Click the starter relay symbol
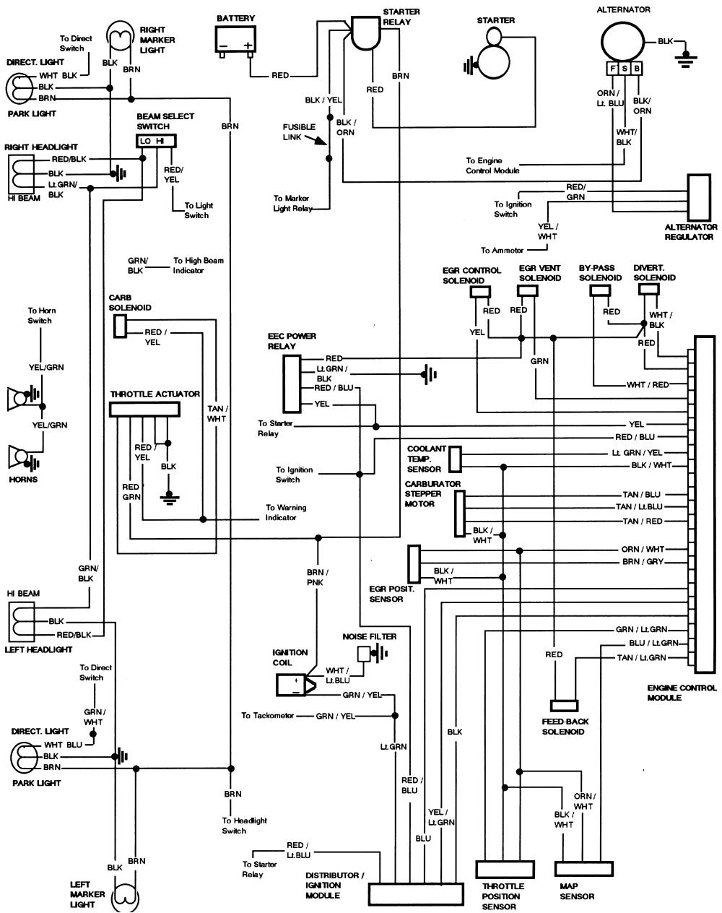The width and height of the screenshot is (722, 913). tap(367, 33)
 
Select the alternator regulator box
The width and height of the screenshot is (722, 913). tap(699, 197)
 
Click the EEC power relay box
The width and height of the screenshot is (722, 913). tap(291, 381)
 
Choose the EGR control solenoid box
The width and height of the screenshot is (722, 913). tap(481, 291)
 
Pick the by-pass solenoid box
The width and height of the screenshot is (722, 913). tap(600, 290)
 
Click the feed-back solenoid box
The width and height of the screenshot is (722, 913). tap(562, 705)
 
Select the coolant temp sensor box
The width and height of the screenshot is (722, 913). tap(455, 459)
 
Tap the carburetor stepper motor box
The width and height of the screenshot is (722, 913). tap(460, 514)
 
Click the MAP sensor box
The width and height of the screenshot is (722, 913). tap(583, 868)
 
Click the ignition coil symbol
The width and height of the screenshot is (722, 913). tap(294, 684)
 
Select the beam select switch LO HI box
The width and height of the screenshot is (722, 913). tap(157, 141)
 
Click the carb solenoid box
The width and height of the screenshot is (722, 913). tap(120, 326)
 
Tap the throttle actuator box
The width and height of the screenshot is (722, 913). tap(144, 410)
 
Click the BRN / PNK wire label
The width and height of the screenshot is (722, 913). tap(315, 576)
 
